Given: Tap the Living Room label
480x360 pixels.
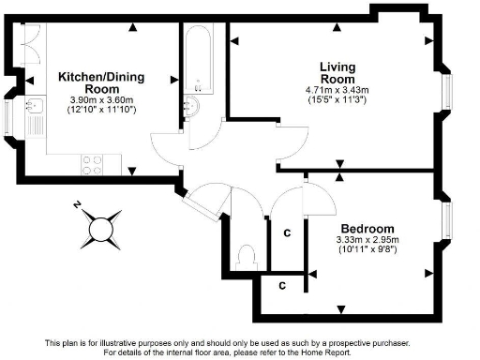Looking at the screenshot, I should tap(337, 73).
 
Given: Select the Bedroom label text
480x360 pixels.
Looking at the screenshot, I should tap(367, 229).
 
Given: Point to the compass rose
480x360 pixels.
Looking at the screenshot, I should tap(100, 226).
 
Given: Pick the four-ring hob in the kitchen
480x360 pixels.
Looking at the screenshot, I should tap(94, 164).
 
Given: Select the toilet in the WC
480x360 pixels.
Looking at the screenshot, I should tap(247, 254).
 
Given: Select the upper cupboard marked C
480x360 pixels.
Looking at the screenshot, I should tap(286, 231).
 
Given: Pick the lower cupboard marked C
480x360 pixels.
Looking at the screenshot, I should tap(280, 283).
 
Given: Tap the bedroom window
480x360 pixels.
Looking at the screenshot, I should tap(446, 221).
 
